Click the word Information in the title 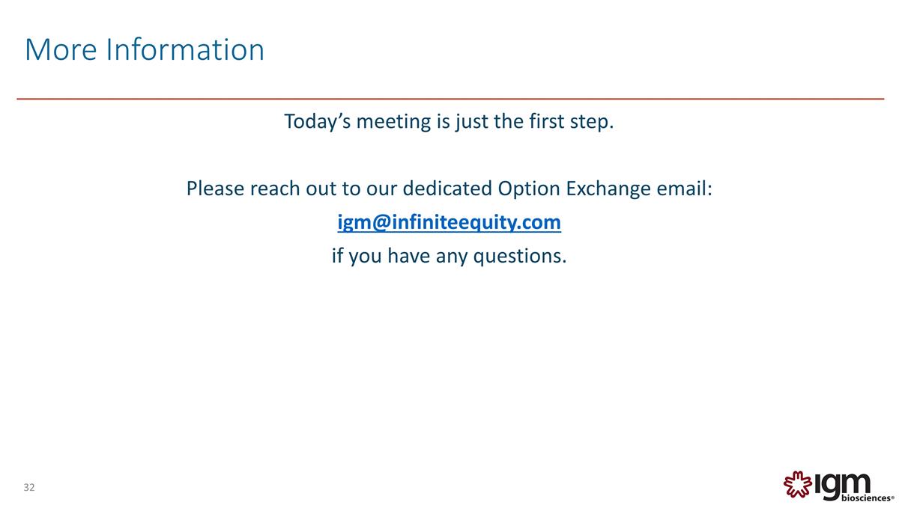point(185,50)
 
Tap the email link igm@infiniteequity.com point(449,222)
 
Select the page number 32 point(29,488)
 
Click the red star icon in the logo point(796,484)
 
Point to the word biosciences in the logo point(865,496)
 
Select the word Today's point(317,121)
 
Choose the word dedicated point(447,189)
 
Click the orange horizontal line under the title point(449,99)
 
